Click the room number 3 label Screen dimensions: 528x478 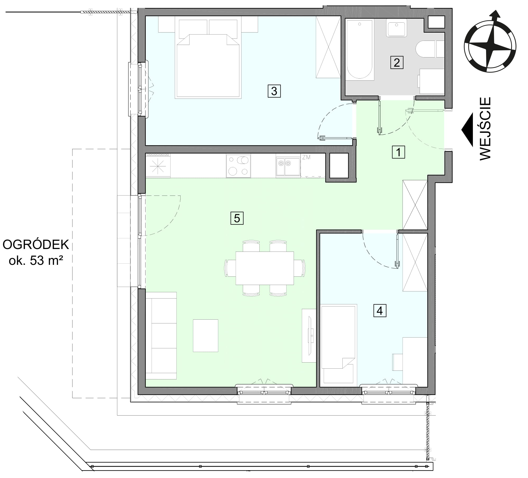coord(274,91)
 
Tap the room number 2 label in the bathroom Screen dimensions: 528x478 coord(397,62)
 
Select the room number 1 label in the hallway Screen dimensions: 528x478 coord(398,152)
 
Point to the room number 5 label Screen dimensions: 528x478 coord(237,218)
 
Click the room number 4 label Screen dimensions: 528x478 coord(380,310)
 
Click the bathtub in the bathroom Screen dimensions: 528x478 coord(360,50)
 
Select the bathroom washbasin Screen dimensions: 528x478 coord(396,27)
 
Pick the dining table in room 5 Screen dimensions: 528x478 coord(265,268)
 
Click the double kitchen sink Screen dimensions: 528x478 coord(288,166)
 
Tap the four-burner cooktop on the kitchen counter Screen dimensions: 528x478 coord(238,166)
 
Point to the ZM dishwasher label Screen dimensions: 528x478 coord(306,157)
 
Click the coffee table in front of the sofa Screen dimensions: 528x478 coord(205,335)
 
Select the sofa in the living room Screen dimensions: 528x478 coord(161,335)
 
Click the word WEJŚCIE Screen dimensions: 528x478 coord(485,129)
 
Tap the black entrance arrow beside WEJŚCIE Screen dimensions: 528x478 coord(467,130)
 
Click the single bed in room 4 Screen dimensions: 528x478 coord(338,344)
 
